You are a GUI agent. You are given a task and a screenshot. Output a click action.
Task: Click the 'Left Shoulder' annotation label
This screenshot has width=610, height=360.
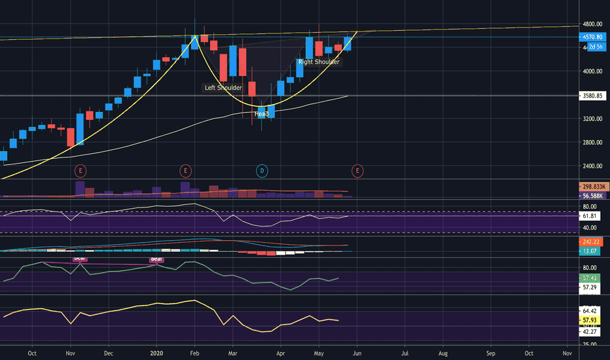(223, 88)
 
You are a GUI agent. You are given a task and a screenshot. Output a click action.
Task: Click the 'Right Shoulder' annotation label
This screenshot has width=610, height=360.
(319, 62)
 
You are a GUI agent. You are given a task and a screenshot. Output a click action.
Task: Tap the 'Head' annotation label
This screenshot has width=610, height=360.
(261, 114)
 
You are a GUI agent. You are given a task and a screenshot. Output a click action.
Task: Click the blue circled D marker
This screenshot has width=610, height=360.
(262, 171)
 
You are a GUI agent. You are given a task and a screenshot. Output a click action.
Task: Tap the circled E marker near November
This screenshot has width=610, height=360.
(81, 171)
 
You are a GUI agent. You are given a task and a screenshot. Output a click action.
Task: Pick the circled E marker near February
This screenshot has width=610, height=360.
(186, 171)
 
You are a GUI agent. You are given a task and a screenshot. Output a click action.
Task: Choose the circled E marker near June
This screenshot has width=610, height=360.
(357, 171)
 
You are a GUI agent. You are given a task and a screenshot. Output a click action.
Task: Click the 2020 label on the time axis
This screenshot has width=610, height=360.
(157, 353)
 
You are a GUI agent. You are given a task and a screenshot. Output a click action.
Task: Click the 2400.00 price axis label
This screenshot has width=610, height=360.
(593, 166)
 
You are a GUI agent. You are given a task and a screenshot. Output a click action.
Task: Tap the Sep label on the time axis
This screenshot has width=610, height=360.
(491, 353)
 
